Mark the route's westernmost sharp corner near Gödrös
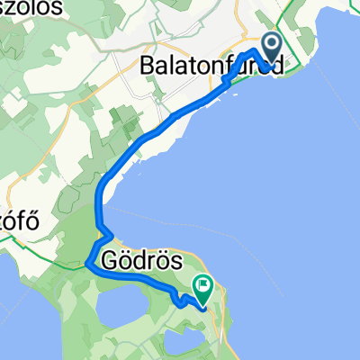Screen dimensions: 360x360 pos(88,265)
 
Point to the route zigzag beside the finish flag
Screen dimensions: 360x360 pos(184,301)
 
